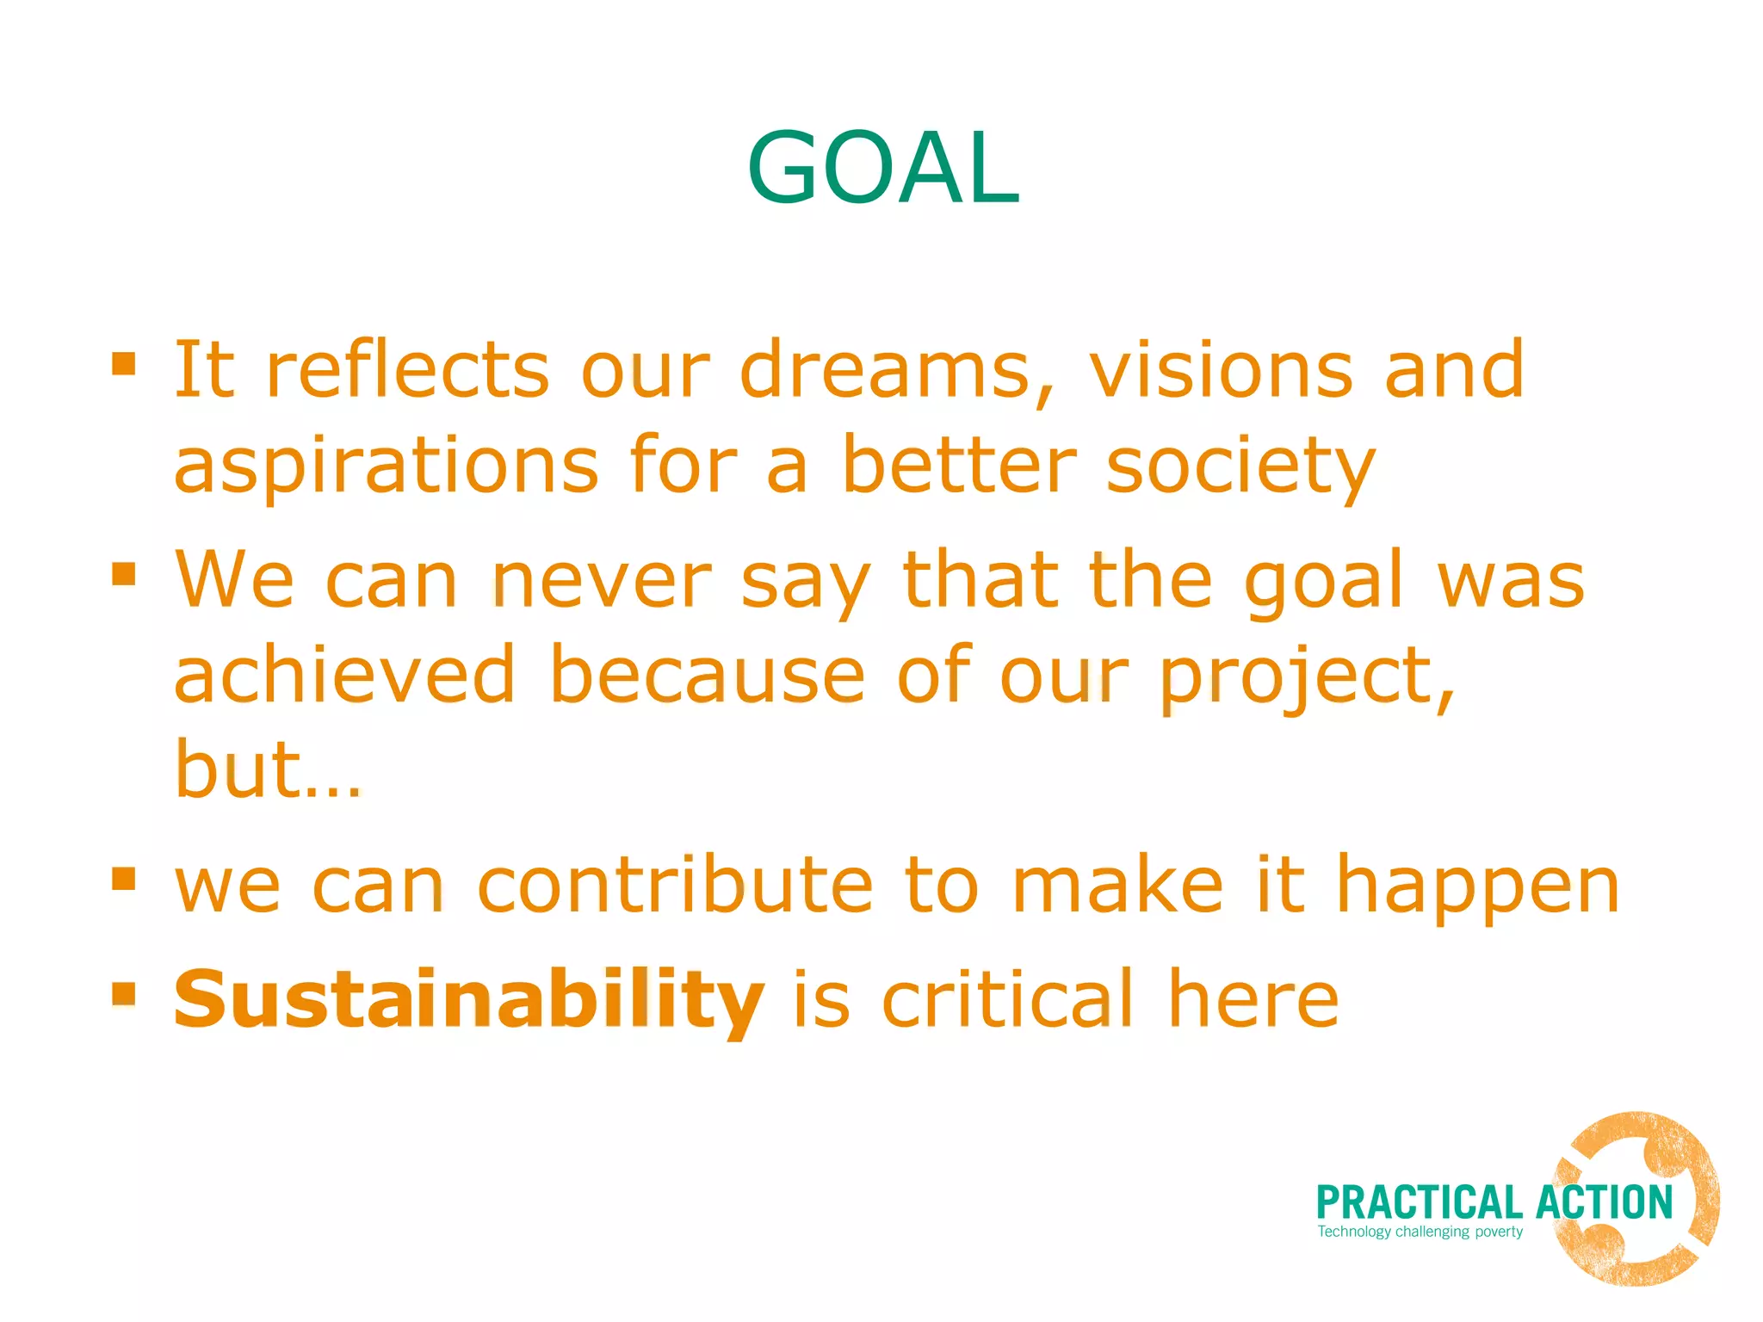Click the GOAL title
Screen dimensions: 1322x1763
point(883,168)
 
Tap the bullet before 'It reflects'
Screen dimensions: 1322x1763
point(124,363)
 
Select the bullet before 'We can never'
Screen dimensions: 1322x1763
point(124,573)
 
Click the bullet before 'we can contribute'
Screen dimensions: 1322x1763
point(124,878)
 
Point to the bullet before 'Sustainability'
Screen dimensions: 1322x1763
point(124,993)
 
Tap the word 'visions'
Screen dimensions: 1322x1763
point(1222,370)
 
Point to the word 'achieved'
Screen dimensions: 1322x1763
point(344,676)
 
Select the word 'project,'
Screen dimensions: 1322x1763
point(1307,680)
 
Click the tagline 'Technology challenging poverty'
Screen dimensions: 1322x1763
point(1420,1232)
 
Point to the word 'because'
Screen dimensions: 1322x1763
point(707,676)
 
